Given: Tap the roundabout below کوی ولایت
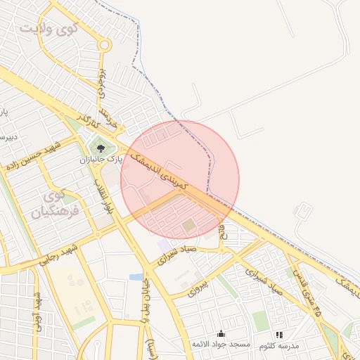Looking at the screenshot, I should [104, 46].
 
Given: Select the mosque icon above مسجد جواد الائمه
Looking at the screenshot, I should [221, 333].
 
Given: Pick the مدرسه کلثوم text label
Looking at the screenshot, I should [279, 345].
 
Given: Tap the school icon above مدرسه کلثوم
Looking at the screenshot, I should [279, 335].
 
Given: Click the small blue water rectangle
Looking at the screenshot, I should [136, 277].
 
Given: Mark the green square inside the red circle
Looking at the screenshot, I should [190, 226].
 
